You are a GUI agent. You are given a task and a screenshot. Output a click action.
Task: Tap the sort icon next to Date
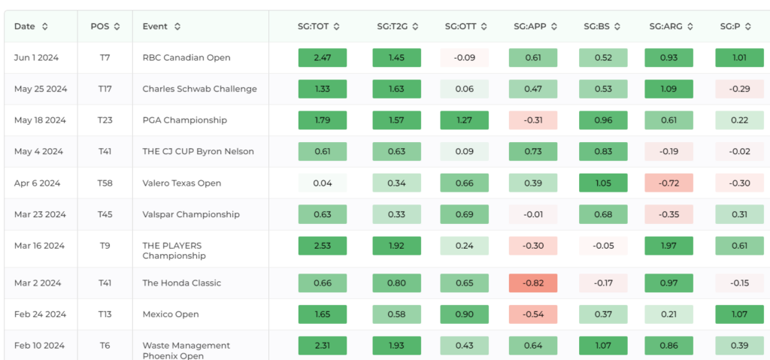44,26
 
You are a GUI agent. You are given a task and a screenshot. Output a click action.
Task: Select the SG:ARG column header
666,26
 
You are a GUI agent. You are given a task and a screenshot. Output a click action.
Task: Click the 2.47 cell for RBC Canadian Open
323,57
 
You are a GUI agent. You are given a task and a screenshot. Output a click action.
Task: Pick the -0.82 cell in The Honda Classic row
533,283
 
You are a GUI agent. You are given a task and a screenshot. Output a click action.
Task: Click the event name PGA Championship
185,120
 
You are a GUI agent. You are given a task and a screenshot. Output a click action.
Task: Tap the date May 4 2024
38,151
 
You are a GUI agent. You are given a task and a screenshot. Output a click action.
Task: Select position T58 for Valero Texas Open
105,183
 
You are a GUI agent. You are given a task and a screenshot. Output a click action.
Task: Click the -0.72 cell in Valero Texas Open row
668,183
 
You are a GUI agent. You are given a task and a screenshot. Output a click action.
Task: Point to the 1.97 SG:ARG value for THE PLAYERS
668,246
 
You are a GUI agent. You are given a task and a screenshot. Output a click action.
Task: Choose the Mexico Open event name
171,314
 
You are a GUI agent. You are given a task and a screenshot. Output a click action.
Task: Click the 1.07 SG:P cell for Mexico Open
740,314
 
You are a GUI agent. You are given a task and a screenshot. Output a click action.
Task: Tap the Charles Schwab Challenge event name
199,89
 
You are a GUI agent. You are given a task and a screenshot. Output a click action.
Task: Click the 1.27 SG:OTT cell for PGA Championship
464,119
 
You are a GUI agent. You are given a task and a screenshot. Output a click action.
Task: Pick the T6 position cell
105,346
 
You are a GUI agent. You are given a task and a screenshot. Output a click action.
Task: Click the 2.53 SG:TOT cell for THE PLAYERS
323,246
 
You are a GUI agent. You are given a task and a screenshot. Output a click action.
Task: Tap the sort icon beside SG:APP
554,26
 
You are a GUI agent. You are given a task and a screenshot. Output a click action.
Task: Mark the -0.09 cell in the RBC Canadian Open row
464,57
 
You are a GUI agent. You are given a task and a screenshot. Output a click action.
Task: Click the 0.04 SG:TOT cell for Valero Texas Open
323,183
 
